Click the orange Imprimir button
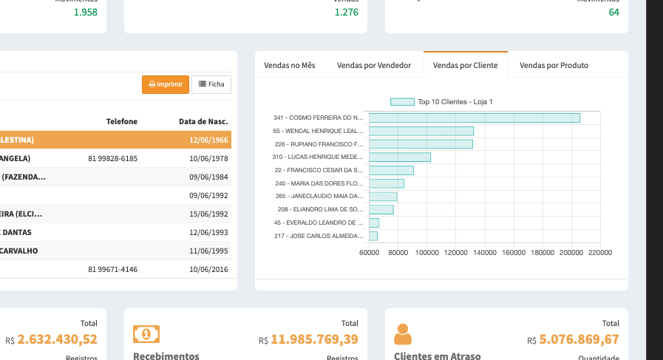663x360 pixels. pos(166,84)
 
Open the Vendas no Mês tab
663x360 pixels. pos(290,65)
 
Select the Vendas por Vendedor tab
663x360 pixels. pos(374,65)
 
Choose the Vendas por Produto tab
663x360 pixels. pos(554,65)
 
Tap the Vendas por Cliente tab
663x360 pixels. pos(466,65)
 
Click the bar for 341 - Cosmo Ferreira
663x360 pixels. pos(475,118)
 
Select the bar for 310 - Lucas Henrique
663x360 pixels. pos(400,157)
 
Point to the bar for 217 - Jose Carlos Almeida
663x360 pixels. pos(373,236)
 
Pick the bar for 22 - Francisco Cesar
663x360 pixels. pos(391,170)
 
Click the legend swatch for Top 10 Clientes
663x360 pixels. pos(402,102)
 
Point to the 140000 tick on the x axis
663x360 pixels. pos(485,253)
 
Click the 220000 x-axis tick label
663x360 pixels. pos(600,253)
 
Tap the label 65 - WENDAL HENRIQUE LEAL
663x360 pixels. pos(319,131)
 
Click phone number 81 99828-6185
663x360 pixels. pos(112,158)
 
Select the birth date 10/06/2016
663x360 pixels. pos(208,269)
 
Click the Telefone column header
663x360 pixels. pos(122,121)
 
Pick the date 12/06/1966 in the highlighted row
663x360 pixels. pos(208,140)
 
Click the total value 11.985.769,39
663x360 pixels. pos(314,339)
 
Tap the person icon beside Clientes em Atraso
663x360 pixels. pos(403,334)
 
